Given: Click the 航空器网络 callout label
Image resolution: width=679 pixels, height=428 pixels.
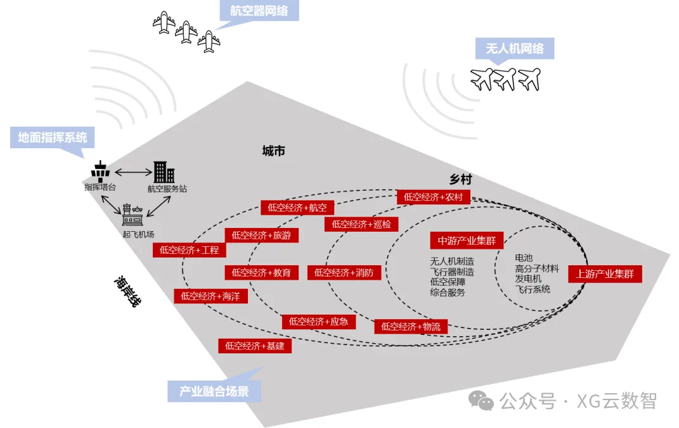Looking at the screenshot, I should click(x=259, y=11).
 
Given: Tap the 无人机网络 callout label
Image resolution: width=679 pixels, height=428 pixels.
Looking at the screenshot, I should click(x=514, y=49).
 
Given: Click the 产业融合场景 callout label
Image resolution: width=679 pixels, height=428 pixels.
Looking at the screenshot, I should click(x=214, y=391).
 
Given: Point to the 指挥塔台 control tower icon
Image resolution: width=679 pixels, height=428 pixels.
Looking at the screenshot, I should click(x=100, y=172).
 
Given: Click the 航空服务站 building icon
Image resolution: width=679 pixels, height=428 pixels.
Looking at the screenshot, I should click(x=164, y=172).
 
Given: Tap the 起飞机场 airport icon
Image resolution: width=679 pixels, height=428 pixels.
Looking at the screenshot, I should click(x=133, y=216).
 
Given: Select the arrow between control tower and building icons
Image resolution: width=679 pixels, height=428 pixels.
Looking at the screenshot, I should click(x=132, y=172).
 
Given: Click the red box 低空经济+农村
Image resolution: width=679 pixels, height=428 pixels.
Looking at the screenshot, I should click(x=433, y=197).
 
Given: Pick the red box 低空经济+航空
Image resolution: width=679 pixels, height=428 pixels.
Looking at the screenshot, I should click(x=297, y=208).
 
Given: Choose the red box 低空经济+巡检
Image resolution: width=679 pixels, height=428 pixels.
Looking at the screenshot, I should click(x=361, y=224).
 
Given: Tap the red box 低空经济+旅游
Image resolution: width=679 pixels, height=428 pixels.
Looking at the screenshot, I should click(x=261, y=236).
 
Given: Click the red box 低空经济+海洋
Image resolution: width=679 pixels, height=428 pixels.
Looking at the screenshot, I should click(x=210, y=296).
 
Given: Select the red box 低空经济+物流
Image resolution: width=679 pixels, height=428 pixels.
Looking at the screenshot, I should click(x=411, y=327).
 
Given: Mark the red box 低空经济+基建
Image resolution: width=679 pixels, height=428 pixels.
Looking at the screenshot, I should click(x=254, y=346).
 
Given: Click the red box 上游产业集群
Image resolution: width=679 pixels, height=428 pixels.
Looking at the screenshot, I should click(x=605, y=274).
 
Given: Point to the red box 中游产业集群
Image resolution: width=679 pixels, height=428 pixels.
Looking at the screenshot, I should click(x=467, y=241).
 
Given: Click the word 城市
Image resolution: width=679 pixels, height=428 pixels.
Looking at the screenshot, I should click(x=273, y=151).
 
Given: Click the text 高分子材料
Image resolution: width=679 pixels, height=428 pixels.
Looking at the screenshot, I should click(x=537, y=268).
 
